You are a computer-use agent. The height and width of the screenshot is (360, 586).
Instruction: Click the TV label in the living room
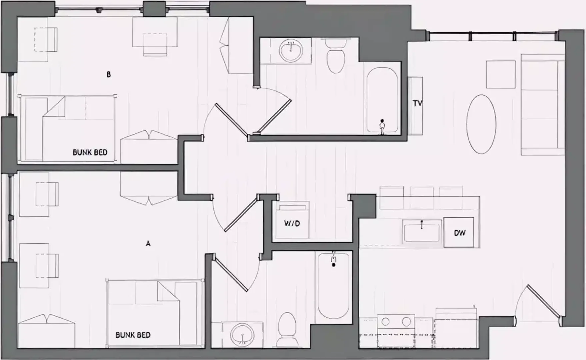pos(418,103)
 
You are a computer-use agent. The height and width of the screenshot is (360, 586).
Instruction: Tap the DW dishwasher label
pos(460,233)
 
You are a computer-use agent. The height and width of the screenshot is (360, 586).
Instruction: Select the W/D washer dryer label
pos(292,223)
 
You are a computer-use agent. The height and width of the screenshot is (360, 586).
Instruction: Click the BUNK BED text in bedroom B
pos(90,152)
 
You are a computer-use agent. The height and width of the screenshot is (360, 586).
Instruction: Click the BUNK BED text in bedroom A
pos(133,335)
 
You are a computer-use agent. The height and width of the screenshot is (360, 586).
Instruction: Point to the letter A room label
pos(148,244)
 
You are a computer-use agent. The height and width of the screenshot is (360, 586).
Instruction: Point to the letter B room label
pos(108,75)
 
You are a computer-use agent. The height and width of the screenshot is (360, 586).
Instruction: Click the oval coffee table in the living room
pos(481,124)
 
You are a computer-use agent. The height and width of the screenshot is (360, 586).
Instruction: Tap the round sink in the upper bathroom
pos(291,50)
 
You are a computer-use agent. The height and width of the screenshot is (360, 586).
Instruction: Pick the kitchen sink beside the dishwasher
pos(422,233)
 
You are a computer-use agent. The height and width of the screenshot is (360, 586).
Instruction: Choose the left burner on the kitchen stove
pos(385,322)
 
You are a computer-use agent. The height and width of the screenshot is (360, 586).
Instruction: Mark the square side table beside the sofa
pos(501,74)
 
